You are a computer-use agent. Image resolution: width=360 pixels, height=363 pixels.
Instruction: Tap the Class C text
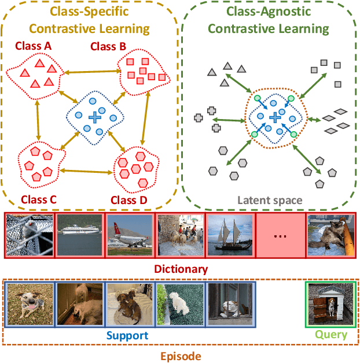38,199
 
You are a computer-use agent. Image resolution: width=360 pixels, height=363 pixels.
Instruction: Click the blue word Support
126,335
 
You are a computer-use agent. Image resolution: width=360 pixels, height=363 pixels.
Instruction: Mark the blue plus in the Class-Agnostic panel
275,117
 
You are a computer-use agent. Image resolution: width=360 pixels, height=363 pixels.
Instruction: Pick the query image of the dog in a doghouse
330,304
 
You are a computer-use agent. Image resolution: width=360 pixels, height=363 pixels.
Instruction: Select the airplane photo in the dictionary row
130,235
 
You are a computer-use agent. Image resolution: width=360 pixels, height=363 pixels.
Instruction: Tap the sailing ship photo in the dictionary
230,235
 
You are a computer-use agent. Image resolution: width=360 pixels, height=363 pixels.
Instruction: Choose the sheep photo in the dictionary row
180,235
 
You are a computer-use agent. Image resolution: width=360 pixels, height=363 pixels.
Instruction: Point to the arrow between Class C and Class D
87,171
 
